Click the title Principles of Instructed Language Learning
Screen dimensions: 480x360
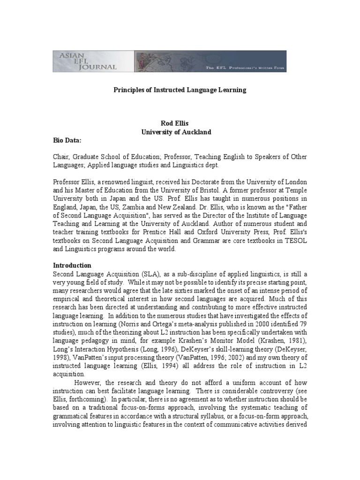pos(180,90)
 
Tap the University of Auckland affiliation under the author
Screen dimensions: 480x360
pos(177,132)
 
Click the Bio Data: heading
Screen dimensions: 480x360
pos(67,140)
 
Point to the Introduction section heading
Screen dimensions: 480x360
pos(72,265)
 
